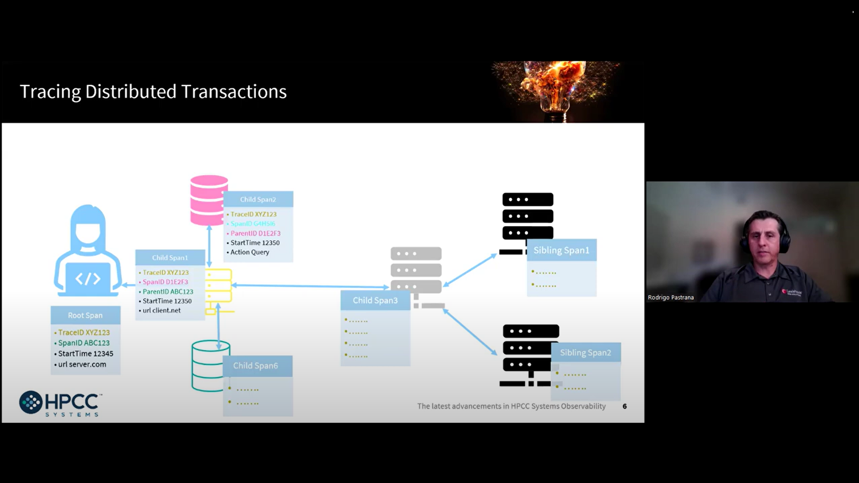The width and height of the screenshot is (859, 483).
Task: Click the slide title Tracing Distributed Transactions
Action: tap(153, 92)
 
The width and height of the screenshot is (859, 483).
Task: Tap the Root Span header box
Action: tap(85, 315)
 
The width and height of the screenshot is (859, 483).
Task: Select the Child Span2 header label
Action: tap(258, 199)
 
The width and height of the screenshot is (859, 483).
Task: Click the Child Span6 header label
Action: tap(255, 366)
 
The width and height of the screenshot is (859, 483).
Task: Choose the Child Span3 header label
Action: tap(375, 300)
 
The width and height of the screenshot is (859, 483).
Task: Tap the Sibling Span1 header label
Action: tap(561, 250)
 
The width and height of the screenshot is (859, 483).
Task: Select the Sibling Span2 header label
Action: tap(586, 353)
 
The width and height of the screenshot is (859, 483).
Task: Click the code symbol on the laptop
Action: tap(88, 279)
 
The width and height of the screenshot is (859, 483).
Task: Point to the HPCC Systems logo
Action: tap(61, 404)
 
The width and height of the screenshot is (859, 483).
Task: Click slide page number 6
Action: tap(624, 406)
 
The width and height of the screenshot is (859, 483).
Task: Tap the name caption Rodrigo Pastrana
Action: tap(671, 297)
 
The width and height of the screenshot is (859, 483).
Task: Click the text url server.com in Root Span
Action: tap(82, 364)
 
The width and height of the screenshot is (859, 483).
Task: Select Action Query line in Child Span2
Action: tap(250, 252)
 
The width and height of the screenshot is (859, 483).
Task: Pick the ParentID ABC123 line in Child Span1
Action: tap(167, 292)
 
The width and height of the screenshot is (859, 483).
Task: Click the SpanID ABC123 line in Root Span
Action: tap(83, 343)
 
